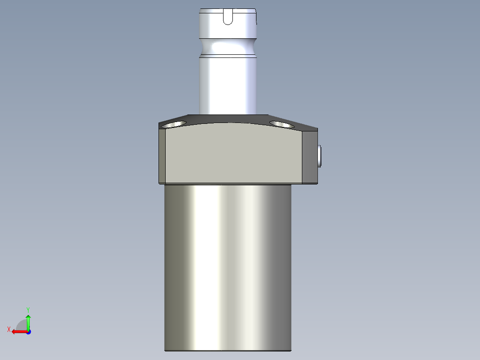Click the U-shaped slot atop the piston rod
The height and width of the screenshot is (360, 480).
pyautogui.click(x=228, y=17)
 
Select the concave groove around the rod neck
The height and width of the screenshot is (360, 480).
pyautogui.click(x=228, y=46)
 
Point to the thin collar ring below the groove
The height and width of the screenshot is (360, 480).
pyautogui.click(x=228, y=56)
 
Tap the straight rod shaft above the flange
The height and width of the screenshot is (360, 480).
pyautogui.click(x=228, y=85)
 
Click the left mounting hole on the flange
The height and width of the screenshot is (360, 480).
pyautogui.click(x=175, y=124)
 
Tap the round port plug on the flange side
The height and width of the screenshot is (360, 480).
pyautogui.click(x=321, y=156)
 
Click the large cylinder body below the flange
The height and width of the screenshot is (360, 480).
pyautogui.click(x=228, y=267)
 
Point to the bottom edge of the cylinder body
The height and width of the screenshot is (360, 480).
pyautogui.click(x=228, y=350)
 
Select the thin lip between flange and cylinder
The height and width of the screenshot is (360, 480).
pyautogui.click(x=228, y=184)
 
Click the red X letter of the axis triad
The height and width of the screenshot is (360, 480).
pyautogui.click(x=9, y=329)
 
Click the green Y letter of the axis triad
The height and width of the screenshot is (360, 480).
pyautogui.click(x=28, y=309)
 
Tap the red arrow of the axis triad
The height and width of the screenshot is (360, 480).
pyautogui.click(x=18, y=331)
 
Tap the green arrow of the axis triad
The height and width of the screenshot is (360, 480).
pyautogui.click(x=28, y=321)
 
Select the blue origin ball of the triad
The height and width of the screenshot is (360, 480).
pyautogui.click(x=28, y=331)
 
